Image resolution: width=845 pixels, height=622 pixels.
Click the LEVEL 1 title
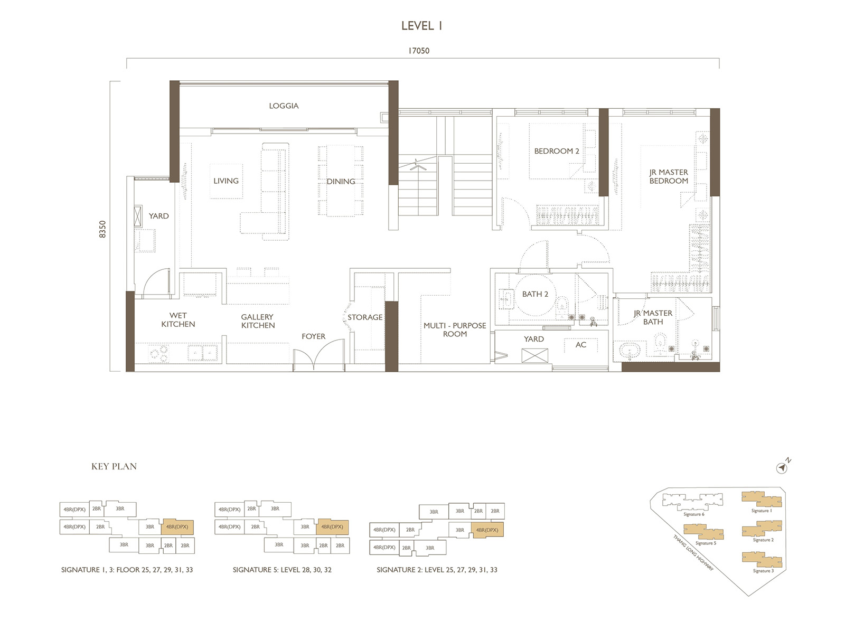click(421, 25)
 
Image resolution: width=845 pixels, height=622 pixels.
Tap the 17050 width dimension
click(418, 51)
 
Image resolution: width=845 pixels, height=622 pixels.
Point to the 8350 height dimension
click(102, 229)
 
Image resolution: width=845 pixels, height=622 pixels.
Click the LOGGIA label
click(284, 106)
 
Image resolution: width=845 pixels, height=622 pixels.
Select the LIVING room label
click(226, 181)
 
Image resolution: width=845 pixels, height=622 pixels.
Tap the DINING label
click(341, 181)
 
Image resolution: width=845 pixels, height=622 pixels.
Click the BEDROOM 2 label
click(557, 151)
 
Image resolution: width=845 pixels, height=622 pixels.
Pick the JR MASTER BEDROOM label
click(669, 176)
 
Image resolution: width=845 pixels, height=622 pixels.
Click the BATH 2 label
click(535, 294)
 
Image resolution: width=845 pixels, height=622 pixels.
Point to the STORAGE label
click(365, 317)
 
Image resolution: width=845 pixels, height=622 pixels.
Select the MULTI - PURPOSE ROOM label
click(455, 329)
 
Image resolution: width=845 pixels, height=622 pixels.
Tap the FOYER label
click(313, 336)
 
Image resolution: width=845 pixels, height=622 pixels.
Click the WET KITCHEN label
click(178, 319)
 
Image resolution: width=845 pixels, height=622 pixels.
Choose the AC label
click(581, 345)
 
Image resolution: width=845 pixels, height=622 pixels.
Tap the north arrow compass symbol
click(782, 467)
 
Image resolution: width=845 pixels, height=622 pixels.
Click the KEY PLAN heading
click(114, 466)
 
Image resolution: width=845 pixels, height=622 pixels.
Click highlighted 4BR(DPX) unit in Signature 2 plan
click(487, 530)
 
